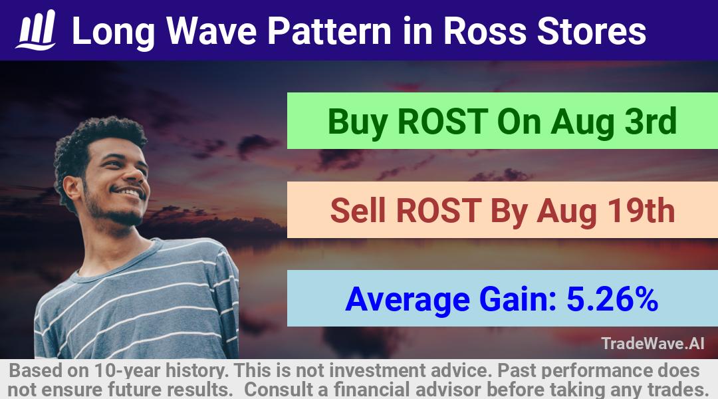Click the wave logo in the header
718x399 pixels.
(x=36, y=30)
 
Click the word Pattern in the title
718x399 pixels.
(x=329, y=31)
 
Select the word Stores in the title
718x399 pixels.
(x=592, y=31)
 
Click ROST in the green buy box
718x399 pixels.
(x=442, y=122)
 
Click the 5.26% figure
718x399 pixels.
(x=613, y=299)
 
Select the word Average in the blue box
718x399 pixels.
(x=408, y=301)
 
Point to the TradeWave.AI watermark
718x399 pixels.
(x=653, y=343)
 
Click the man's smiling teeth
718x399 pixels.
(x=130, y=192)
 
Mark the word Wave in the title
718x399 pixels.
(x=211, y=31)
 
